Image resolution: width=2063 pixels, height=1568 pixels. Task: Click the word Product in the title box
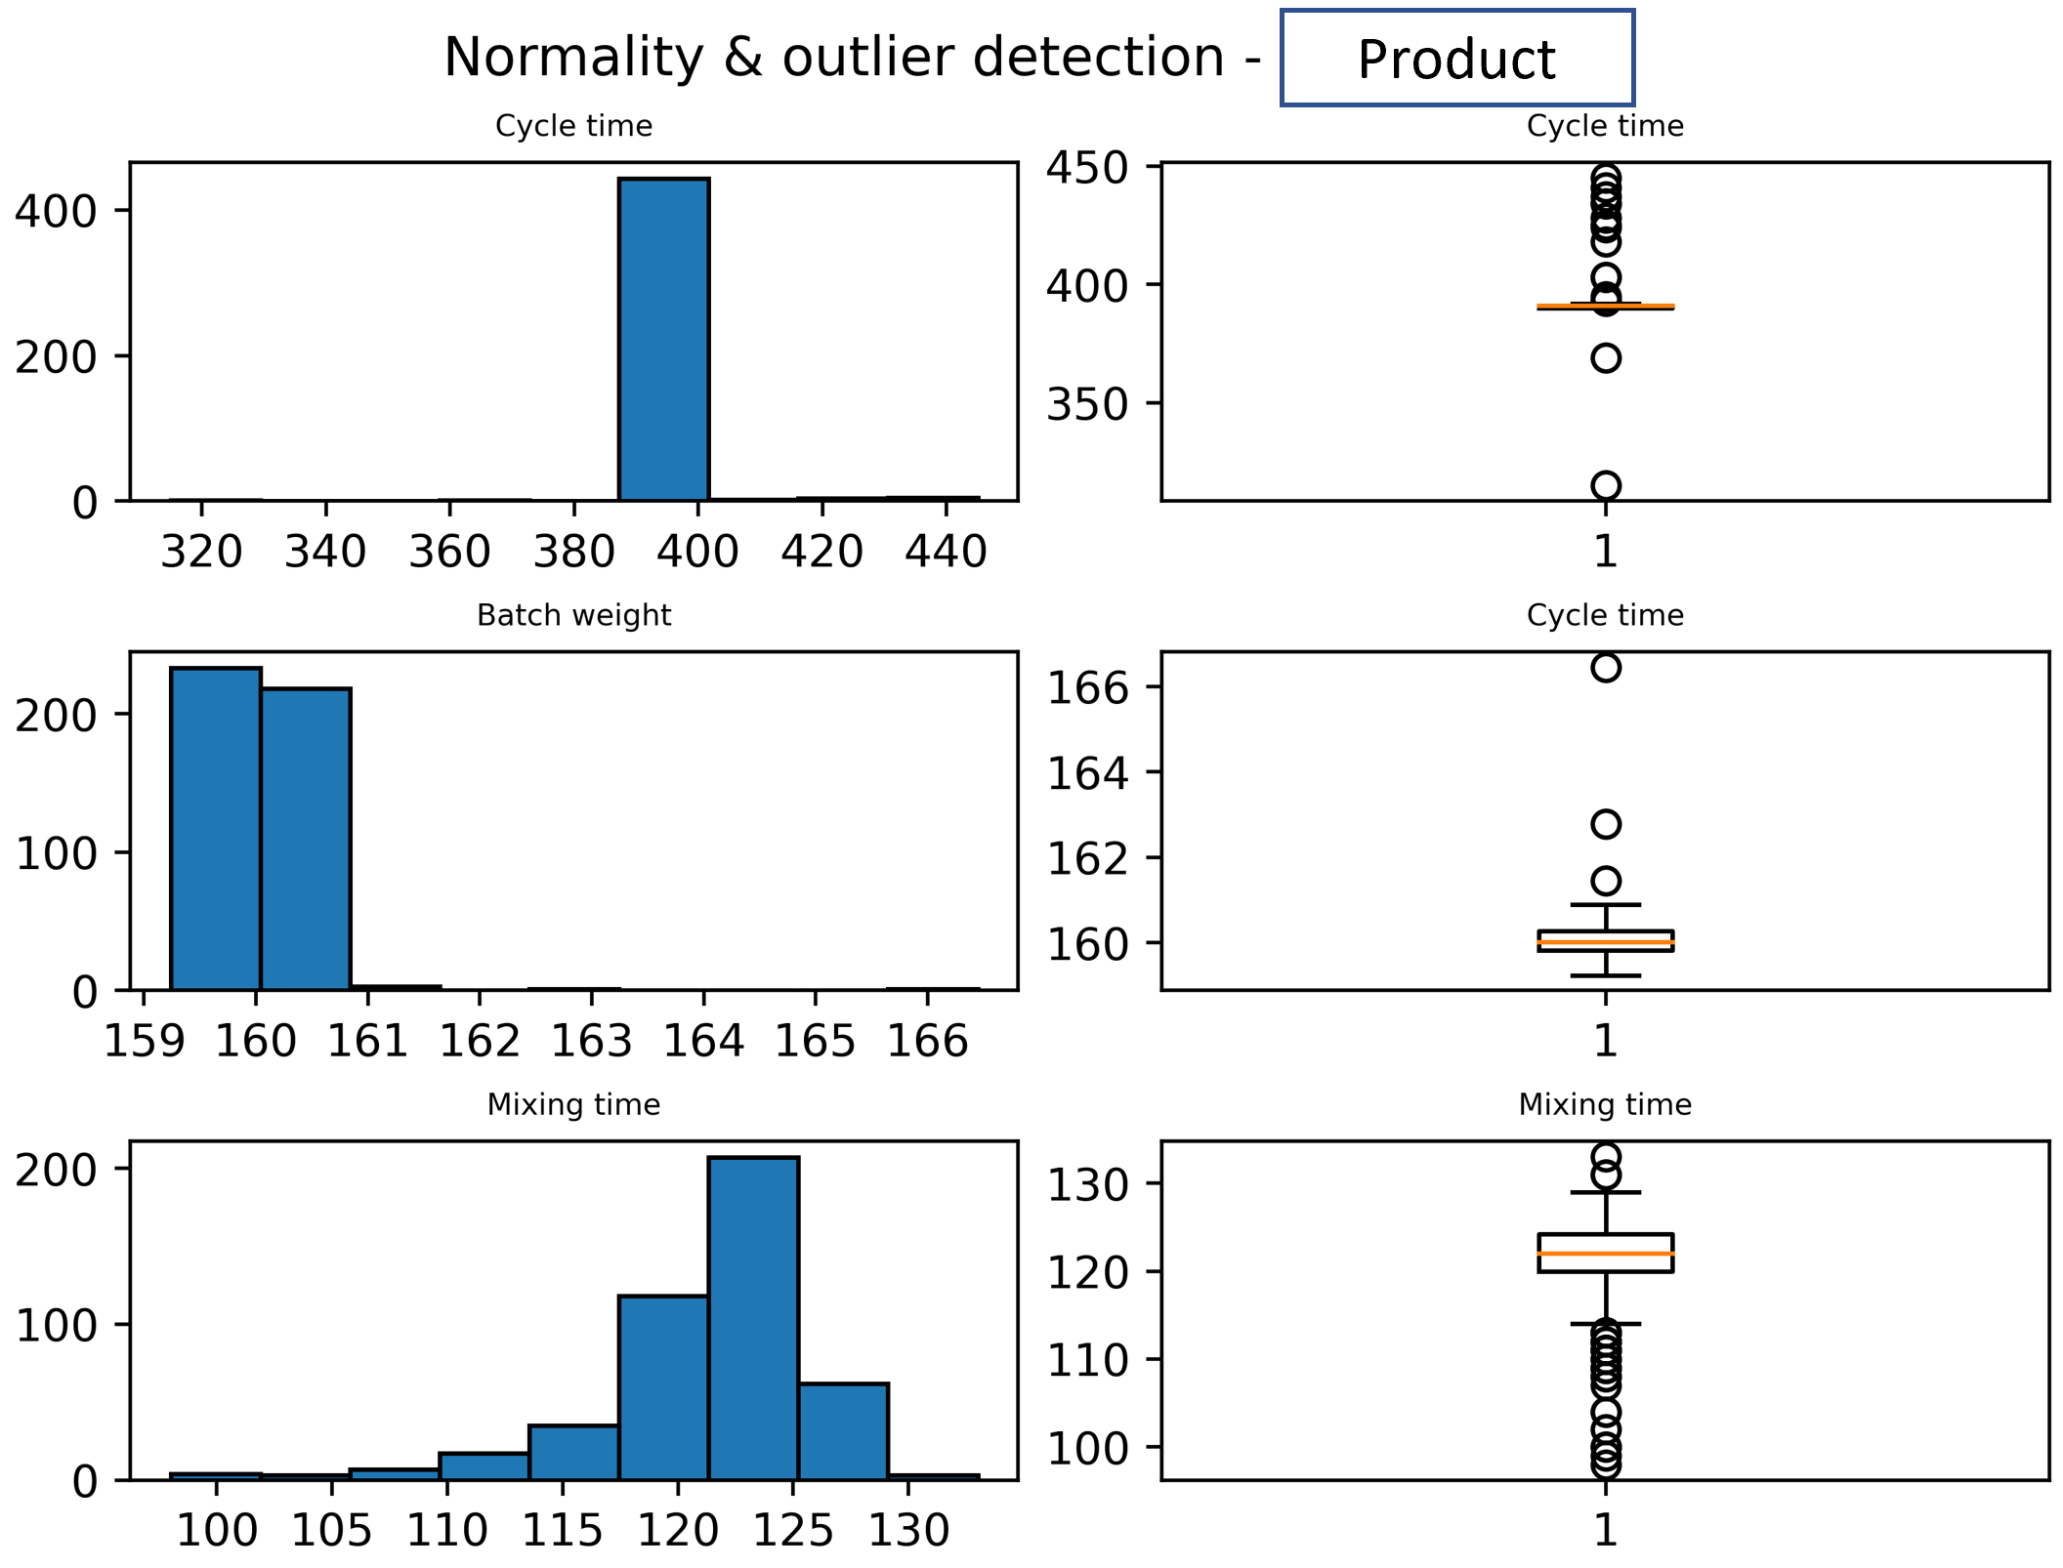(1455, 61)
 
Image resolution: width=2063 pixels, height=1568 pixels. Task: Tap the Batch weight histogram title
(573, 615)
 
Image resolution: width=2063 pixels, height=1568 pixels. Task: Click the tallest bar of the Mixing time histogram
(753, 1318)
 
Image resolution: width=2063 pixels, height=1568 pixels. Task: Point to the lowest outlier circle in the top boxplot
(1606, 485)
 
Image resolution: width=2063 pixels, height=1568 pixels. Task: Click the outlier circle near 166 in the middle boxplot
(1606, 668)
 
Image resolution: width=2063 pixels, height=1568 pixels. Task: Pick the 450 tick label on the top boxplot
(1086, 167)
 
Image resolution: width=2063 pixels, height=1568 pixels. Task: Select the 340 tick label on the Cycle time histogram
(325, 552)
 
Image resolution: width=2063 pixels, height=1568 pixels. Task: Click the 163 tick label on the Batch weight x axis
(591, 1042)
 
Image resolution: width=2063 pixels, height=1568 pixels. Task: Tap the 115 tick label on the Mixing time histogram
(562, 1531)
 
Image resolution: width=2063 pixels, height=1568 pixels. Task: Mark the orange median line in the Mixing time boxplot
(1606, 1254)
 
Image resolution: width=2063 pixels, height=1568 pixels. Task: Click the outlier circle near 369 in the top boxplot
(1606, 358)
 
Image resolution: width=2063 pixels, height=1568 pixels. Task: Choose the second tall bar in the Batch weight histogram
(306, 840)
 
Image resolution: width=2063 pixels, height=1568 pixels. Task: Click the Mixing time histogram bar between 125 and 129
(843, 1431)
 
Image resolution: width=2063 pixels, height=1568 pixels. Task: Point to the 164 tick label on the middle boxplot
(1086, 774)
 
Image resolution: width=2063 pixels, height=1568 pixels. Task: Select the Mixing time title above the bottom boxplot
(1605, 1105)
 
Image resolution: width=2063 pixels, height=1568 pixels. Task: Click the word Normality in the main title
(573, 58)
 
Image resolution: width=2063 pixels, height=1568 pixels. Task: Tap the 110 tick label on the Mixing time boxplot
(1086, 1361)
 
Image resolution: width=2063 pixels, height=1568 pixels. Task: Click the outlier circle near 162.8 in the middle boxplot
(1606, 825)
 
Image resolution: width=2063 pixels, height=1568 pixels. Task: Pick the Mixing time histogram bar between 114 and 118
(573, 1453)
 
